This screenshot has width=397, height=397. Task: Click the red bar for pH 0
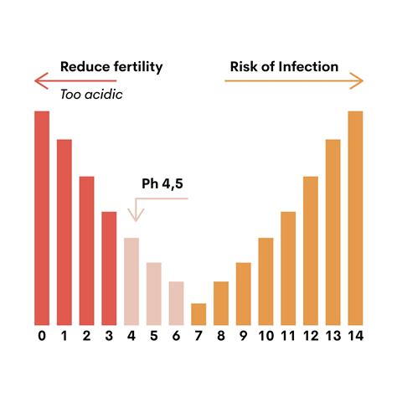pos(42,218)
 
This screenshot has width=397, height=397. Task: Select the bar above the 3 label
pos(109,268)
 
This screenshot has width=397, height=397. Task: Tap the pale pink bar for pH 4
pos(131,281)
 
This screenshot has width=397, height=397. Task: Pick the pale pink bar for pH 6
pos(176,303)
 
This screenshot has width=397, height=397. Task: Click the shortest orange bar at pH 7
pos(198,314)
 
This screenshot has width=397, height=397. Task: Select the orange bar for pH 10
pos(266,281)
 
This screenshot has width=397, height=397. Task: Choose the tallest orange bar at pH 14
pos(355,218)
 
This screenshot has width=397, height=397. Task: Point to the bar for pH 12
pos(310,250)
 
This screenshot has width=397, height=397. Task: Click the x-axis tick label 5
pos(154,337)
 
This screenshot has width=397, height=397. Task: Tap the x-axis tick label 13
pos(333,337)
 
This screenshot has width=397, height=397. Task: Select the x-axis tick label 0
pos(42,337)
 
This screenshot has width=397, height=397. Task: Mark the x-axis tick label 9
pos(243,337)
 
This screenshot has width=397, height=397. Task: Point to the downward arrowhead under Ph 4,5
pos(136,217)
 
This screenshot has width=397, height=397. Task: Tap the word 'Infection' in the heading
pos(309,67)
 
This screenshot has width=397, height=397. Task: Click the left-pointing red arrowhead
pos(39,80)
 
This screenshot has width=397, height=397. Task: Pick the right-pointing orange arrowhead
pos(360,80)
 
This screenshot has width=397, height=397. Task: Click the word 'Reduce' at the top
pos(83,67)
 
